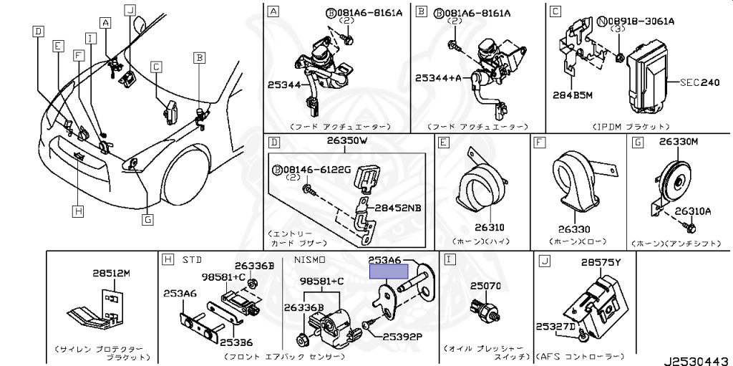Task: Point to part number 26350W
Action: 346,141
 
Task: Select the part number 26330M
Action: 679,141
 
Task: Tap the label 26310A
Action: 691,211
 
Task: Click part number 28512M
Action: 112,273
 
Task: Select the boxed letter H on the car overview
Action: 77,211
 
